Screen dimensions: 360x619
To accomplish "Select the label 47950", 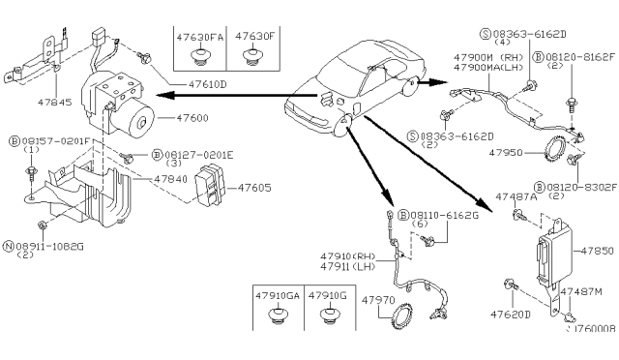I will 503,152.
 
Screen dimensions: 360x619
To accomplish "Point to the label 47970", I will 378,301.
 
